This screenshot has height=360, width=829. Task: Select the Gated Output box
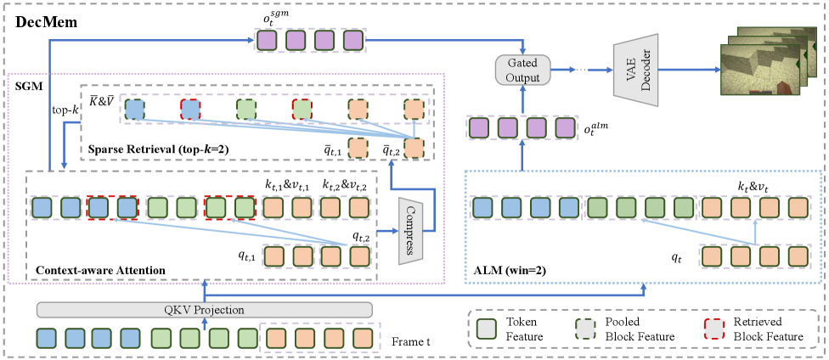(x=522, y=70)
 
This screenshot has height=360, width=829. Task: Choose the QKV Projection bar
(x=205, y=309)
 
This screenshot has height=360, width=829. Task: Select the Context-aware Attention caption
(x=100, y=270)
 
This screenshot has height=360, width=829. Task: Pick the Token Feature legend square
(x=484, y=329)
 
